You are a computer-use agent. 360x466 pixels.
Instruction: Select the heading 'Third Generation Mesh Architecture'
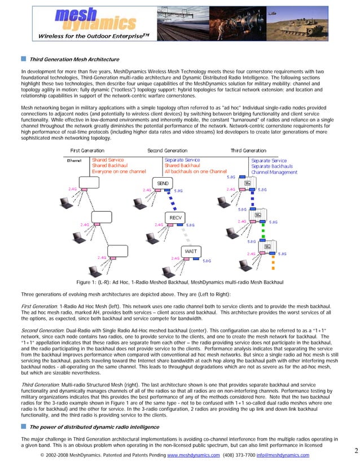tap(74, 59)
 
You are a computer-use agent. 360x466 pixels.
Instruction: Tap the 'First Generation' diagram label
tap(87, 151)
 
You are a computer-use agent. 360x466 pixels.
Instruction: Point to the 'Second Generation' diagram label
tap(167, 151)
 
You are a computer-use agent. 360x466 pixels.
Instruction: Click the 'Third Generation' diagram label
tap(248, 151)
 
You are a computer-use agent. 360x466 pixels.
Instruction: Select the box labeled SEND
tap(163, 184)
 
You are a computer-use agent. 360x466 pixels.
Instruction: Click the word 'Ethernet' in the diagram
tap(76, 161)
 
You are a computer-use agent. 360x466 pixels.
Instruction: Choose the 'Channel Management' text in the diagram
tap(274, 173)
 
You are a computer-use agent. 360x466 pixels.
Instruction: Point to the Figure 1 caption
tap(179, 282)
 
